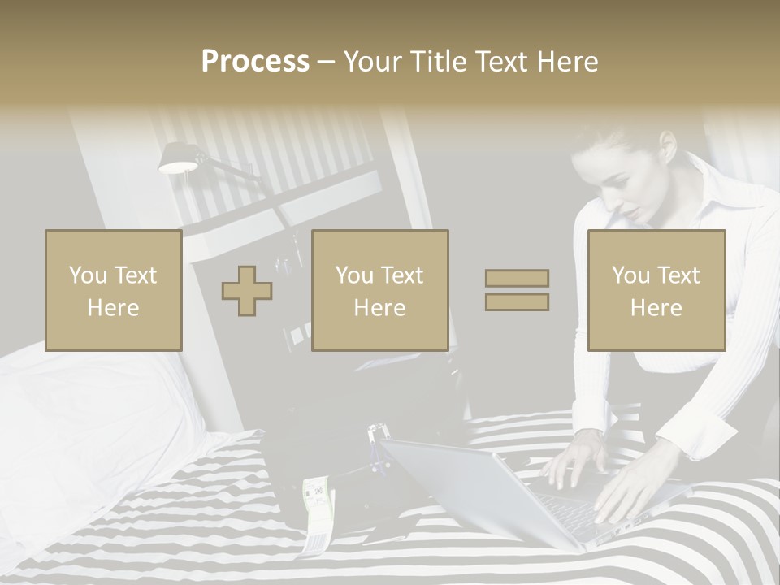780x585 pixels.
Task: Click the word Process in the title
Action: click(255, 62)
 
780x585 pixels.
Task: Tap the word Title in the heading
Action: click(440, 62)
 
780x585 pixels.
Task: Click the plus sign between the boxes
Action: click(247, 291)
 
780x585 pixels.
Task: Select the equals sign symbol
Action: click(517, 290)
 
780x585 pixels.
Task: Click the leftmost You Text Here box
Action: click(114, 290)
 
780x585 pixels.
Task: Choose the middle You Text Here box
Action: click(379, 290)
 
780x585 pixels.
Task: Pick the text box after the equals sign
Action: click(656, 290)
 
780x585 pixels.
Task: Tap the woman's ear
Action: click(668, 146)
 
